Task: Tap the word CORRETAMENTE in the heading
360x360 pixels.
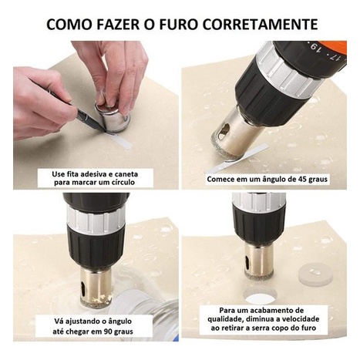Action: point(261,24)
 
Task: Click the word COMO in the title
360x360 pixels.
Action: point(69,24)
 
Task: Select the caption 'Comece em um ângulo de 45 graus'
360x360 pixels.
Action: point(267,179)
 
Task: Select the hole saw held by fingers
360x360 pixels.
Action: point(112,116)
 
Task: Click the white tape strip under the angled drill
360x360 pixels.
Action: point(236,160)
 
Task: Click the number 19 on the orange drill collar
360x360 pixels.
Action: point(314,48)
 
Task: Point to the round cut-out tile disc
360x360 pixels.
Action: point(315,274)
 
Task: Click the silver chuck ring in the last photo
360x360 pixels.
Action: point(259,200)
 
